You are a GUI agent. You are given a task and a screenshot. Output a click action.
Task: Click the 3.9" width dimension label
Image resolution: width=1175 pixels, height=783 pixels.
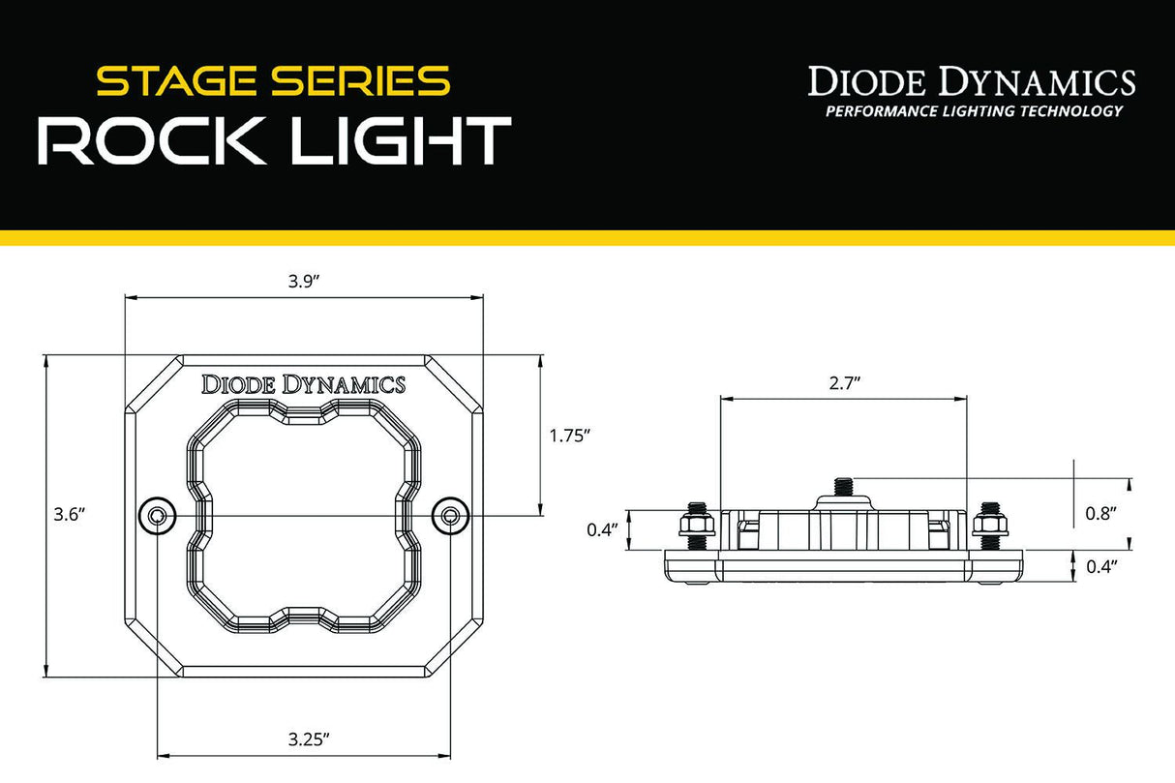(304, 281)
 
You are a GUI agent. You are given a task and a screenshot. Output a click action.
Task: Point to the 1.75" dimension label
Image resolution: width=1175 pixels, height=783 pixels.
(569, 436)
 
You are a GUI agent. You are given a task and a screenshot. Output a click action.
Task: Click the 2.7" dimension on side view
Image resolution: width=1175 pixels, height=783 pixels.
(844, 382)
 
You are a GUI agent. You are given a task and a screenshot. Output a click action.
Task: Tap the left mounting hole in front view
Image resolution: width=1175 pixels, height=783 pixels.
(156, 516)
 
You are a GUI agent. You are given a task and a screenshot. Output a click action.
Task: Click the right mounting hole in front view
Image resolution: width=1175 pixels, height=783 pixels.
(448, 516)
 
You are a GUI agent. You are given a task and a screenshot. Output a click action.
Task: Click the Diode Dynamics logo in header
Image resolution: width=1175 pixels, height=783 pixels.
(972, 81)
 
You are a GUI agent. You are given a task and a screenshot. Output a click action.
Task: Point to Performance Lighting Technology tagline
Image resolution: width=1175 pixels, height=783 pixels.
(973, 111)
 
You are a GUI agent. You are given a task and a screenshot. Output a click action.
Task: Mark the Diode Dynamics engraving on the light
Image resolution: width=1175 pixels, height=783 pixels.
(303, 384)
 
